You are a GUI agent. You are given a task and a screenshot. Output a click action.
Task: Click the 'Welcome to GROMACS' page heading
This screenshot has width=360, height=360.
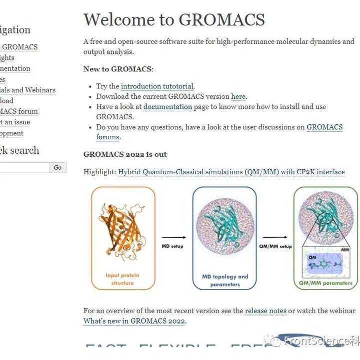(x=174, y=19)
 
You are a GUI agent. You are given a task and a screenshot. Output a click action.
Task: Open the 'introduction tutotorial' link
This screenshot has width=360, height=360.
(x=157, y=86)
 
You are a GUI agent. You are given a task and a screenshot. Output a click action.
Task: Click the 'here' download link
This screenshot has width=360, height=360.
(x=238, y=96)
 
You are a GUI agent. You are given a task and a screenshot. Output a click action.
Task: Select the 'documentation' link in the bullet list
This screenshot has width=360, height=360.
(x=167, y=106)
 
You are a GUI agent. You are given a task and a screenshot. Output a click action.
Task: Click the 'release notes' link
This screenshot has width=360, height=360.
(x=265, y=311)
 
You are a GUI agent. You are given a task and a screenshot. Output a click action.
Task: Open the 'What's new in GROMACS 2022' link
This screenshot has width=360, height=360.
(x=134, y=321)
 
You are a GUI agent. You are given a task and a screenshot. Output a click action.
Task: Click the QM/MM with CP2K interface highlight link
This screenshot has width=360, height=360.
(x=231, y=172)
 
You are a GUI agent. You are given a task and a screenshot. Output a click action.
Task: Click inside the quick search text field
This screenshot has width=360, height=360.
(x=24, y=168)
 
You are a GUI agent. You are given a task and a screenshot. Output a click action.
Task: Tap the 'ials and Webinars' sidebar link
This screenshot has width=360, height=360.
(x=27, y=90)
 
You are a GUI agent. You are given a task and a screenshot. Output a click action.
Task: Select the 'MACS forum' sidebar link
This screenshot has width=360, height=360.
(x=19, y=111)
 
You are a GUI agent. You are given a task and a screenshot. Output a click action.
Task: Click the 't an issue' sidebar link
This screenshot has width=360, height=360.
(x=15, y=122)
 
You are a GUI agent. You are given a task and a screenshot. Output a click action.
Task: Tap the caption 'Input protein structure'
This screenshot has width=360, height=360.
(x=122, y=279)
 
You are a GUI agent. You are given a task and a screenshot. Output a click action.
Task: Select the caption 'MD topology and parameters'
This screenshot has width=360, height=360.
(x=224, y=281)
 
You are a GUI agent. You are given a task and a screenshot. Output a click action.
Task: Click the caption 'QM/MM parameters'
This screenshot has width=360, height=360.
(x=325, y=283)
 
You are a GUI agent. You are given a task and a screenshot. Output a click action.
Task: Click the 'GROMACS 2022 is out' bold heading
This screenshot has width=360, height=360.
(x=125, y=154)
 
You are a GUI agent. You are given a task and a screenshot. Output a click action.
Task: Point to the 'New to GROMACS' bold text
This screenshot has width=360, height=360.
(x=117, y=69)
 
